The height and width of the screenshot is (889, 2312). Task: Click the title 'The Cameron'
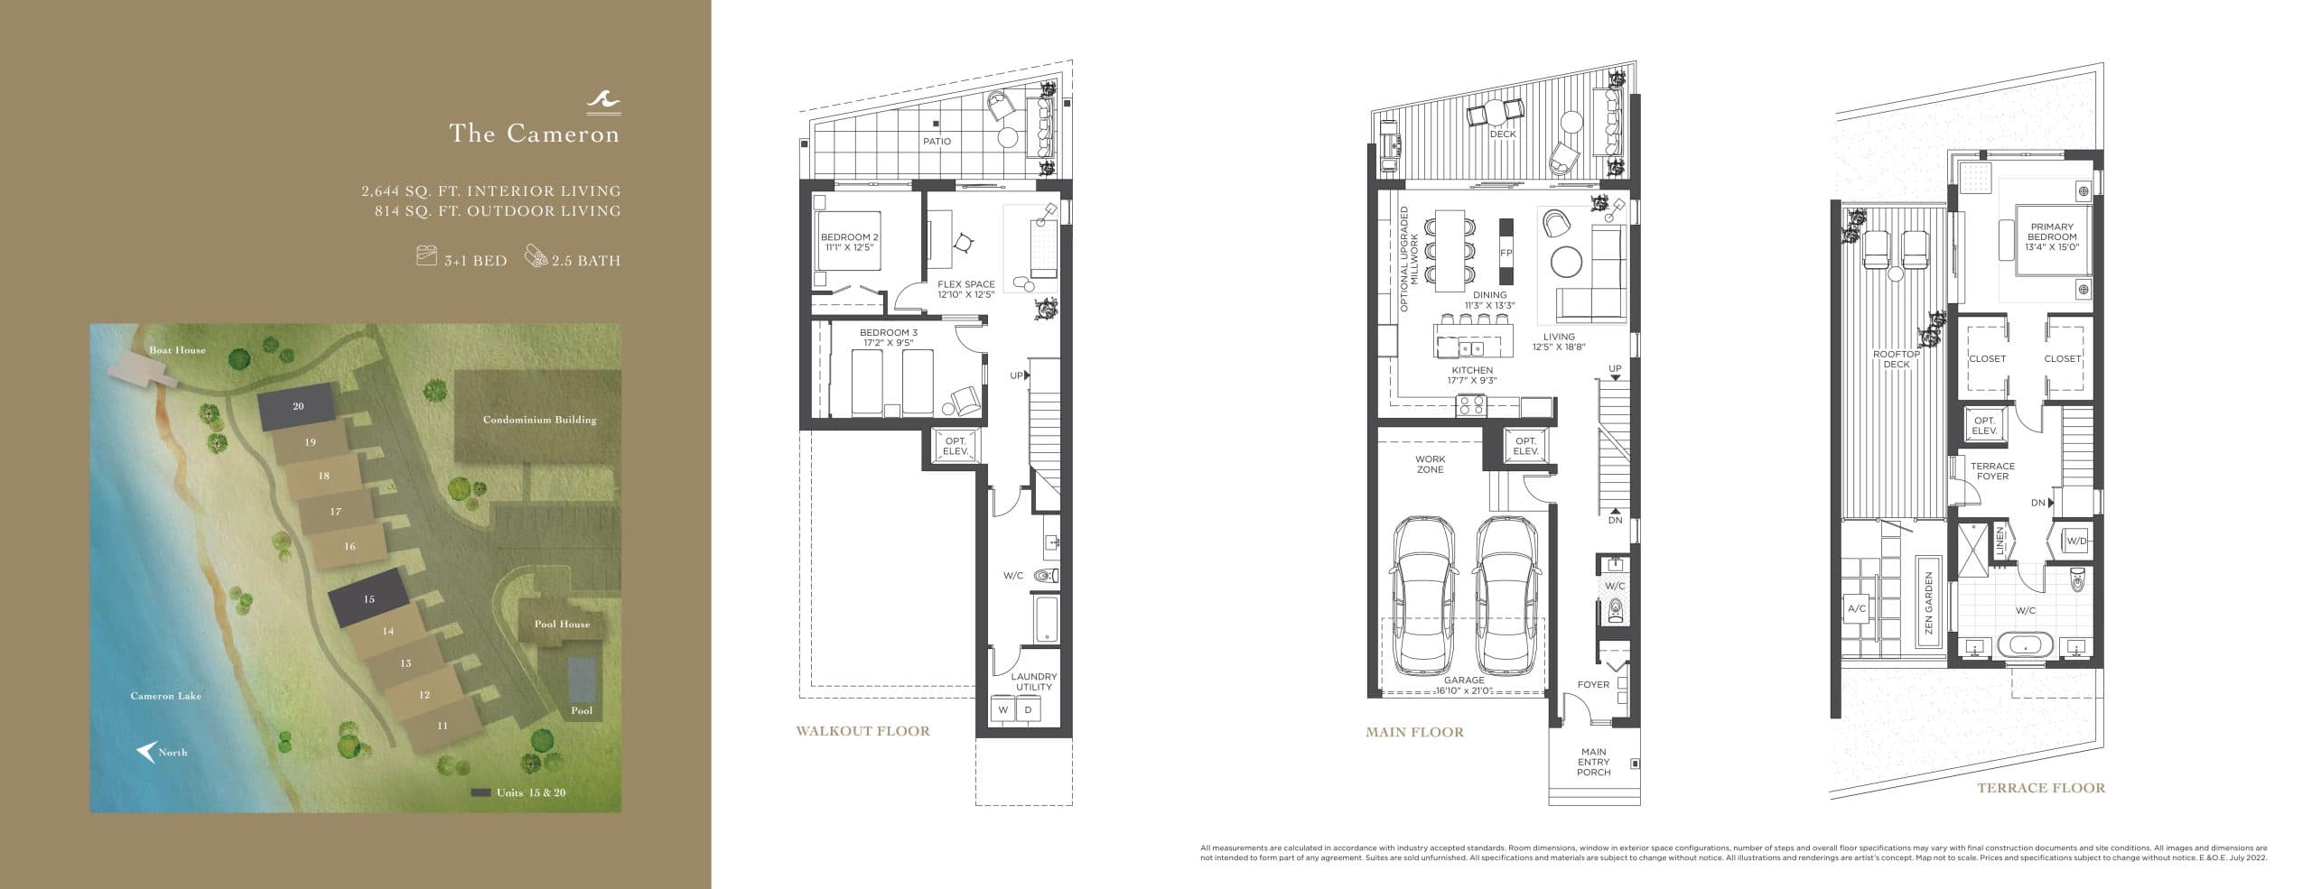[x=535, y=134]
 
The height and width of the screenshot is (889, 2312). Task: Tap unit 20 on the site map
[x=297, y=408]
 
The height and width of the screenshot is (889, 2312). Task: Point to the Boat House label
[x=177, y=350]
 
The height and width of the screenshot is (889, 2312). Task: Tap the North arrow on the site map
[x=144, y=751]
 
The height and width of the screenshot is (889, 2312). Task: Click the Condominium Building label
[x=539, y=420]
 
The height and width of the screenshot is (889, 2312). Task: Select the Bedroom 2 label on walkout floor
[x=849, y=242]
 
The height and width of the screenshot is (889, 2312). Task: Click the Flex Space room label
[x=965, y=289]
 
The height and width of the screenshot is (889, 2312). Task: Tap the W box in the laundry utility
[x=1002, y=710]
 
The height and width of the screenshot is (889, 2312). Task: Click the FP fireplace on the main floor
[x=1506, y=253]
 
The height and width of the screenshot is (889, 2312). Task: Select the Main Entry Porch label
[x=1593, y=762]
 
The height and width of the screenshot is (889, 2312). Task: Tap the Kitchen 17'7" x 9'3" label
[x=1471, y=375]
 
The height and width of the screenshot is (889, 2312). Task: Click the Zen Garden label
[x=1928, y=604]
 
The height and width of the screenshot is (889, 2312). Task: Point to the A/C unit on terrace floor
[x=1857, y=608]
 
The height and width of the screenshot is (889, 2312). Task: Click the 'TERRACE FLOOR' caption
[x=2040, y=788]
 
